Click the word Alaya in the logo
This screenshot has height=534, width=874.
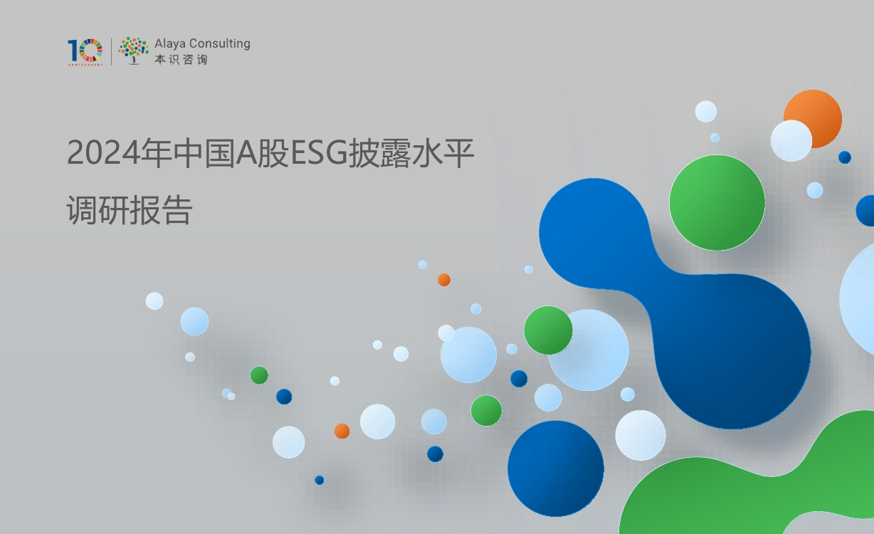pyautogui.click(x=169, y=43)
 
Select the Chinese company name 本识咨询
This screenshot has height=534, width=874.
pyautogui.click(x=181, y=59)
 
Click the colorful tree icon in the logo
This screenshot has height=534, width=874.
pyautogui.click(x=133, y=51)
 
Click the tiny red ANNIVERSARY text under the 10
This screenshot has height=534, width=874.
pyautogui.click(x=85, y=65)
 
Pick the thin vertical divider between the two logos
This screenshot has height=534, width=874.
pyautogui.click(x=111, y=51)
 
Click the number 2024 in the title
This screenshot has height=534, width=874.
pyautogui.click(x=103, y=153)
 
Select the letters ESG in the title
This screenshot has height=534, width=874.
pyautogui.click(x=319, y=153)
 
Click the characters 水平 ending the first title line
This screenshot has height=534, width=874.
pyautogui.click(x=443, y=153)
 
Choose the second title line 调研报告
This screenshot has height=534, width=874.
pyautogui.click(x=130, y=210)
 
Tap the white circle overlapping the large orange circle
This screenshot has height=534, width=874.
pyautogui.click(x=791, y=140)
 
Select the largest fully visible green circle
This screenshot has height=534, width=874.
pyautogui.click(x=717, y=203)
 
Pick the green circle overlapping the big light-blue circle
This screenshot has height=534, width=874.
pyautogui.click(x=548, y=330)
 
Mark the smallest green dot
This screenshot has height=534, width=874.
pyautogui.click(x=259, y=375)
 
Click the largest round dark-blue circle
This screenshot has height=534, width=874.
pyautogui.click(x=556, y=468)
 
